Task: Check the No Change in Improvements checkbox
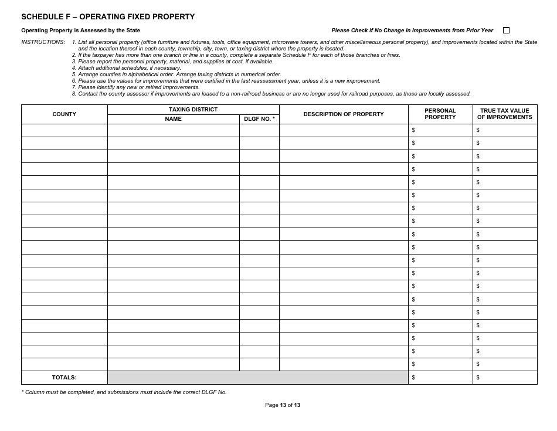click(507, 30)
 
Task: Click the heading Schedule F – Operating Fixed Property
click(108, 17)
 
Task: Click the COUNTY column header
click(64, 114)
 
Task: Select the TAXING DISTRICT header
click(193, 110)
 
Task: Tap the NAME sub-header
click(173, 119)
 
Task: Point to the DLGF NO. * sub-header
click(259, 119)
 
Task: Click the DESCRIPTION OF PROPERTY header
click(344, 114)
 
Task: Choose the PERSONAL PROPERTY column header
click(440, 114)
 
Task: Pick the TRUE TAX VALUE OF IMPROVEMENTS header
click(505, 114)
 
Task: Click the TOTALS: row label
click(64, 378)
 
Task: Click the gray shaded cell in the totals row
click(257, 378)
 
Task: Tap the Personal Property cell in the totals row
click(440, 378)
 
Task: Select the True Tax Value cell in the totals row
click(505, 378)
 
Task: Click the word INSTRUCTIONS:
click(43, 42)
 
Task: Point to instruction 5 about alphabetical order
click(176, 74)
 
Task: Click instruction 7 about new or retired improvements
click(135, 87)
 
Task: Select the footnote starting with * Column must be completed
click(124, 392)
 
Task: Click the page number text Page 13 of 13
click(283, 405)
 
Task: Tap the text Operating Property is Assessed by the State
click(81, 30)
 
